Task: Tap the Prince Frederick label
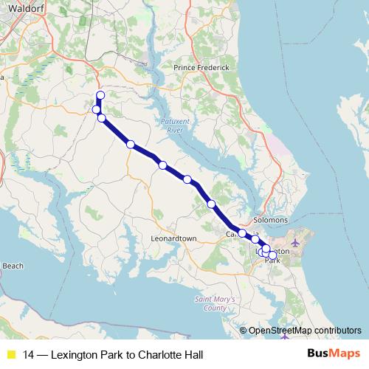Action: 201,67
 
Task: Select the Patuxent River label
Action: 171,125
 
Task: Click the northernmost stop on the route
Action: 100,95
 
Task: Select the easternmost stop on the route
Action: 272,255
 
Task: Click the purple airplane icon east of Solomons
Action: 297,242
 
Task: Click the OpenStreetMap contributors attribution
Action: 304,331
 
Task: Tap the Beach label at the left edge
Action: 13,266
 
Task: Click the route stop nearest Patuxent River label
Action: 162,165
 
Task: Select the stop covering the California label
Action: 242,234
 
